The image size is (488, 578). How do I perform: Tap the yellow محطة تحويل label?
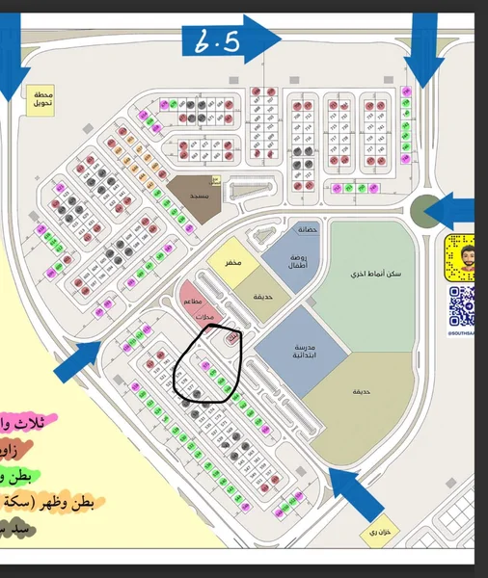tap(43, 99)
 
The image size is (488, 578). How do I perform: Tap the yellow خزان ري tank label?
tap(373, 532)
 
